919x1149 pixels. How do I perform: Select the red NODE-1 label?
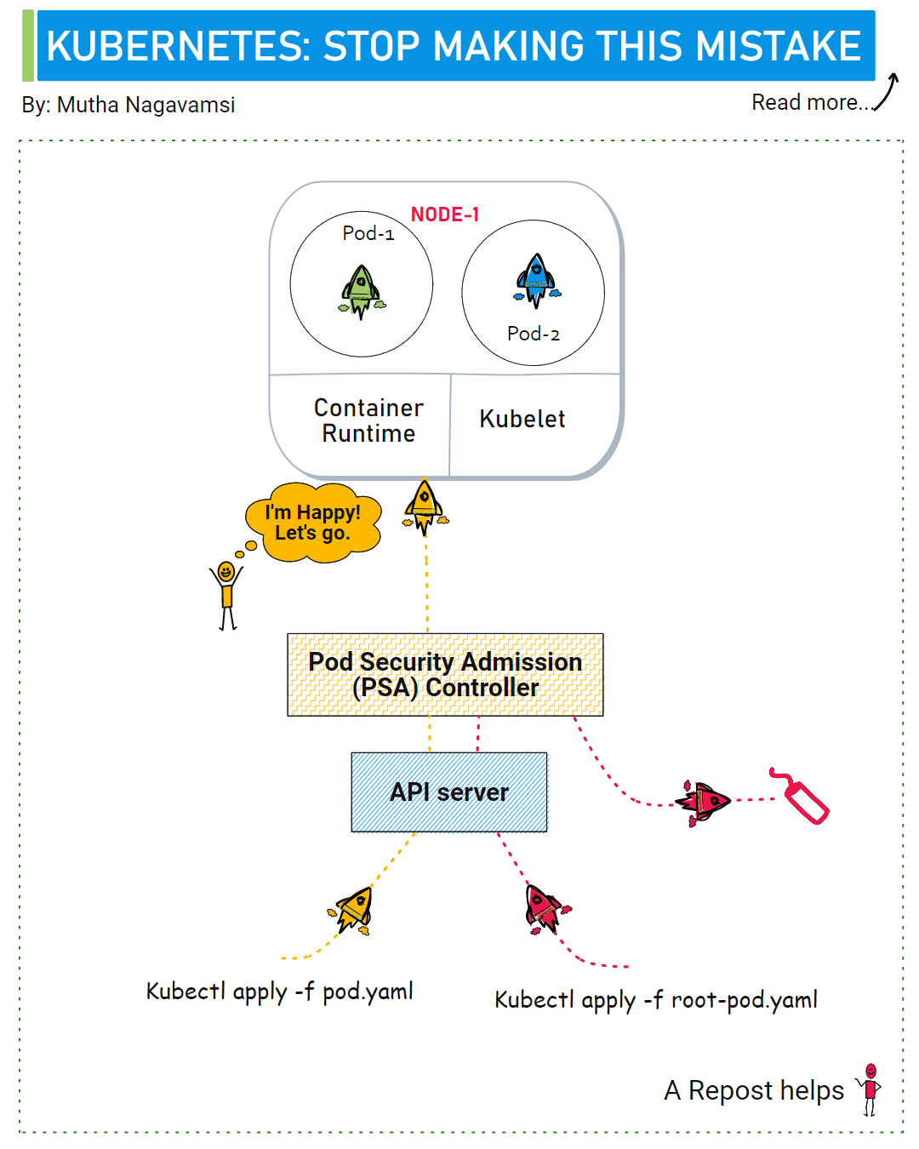(445, 214)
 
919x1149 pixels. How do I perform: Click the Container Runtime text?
(368, 420)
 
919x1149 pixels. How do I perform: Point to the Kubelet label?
(522, 419)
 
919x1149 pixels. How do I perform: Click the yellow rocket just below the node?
(425, 507)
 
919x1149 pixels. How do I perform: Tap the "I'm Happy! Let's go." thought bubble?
(313, 523)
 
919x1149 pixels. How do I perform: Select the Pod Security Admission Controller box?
(445, 674)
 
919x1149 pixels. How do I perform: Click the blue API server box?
(449, 792)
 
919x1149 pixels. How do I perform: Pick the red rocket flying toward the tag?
(702, 802)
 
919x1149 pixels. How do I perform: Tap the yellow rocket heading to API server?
(351, 910)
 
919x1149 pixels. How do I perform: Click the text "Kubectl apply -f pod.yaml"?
(279, 992)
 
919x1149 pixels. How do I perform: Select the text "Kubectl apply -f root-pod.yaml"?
(655, 1000)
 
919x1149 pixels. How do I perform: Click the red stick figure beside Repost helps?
(870, 1089)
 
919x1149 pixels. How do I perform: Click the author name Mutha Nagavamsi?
(146, 105)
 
